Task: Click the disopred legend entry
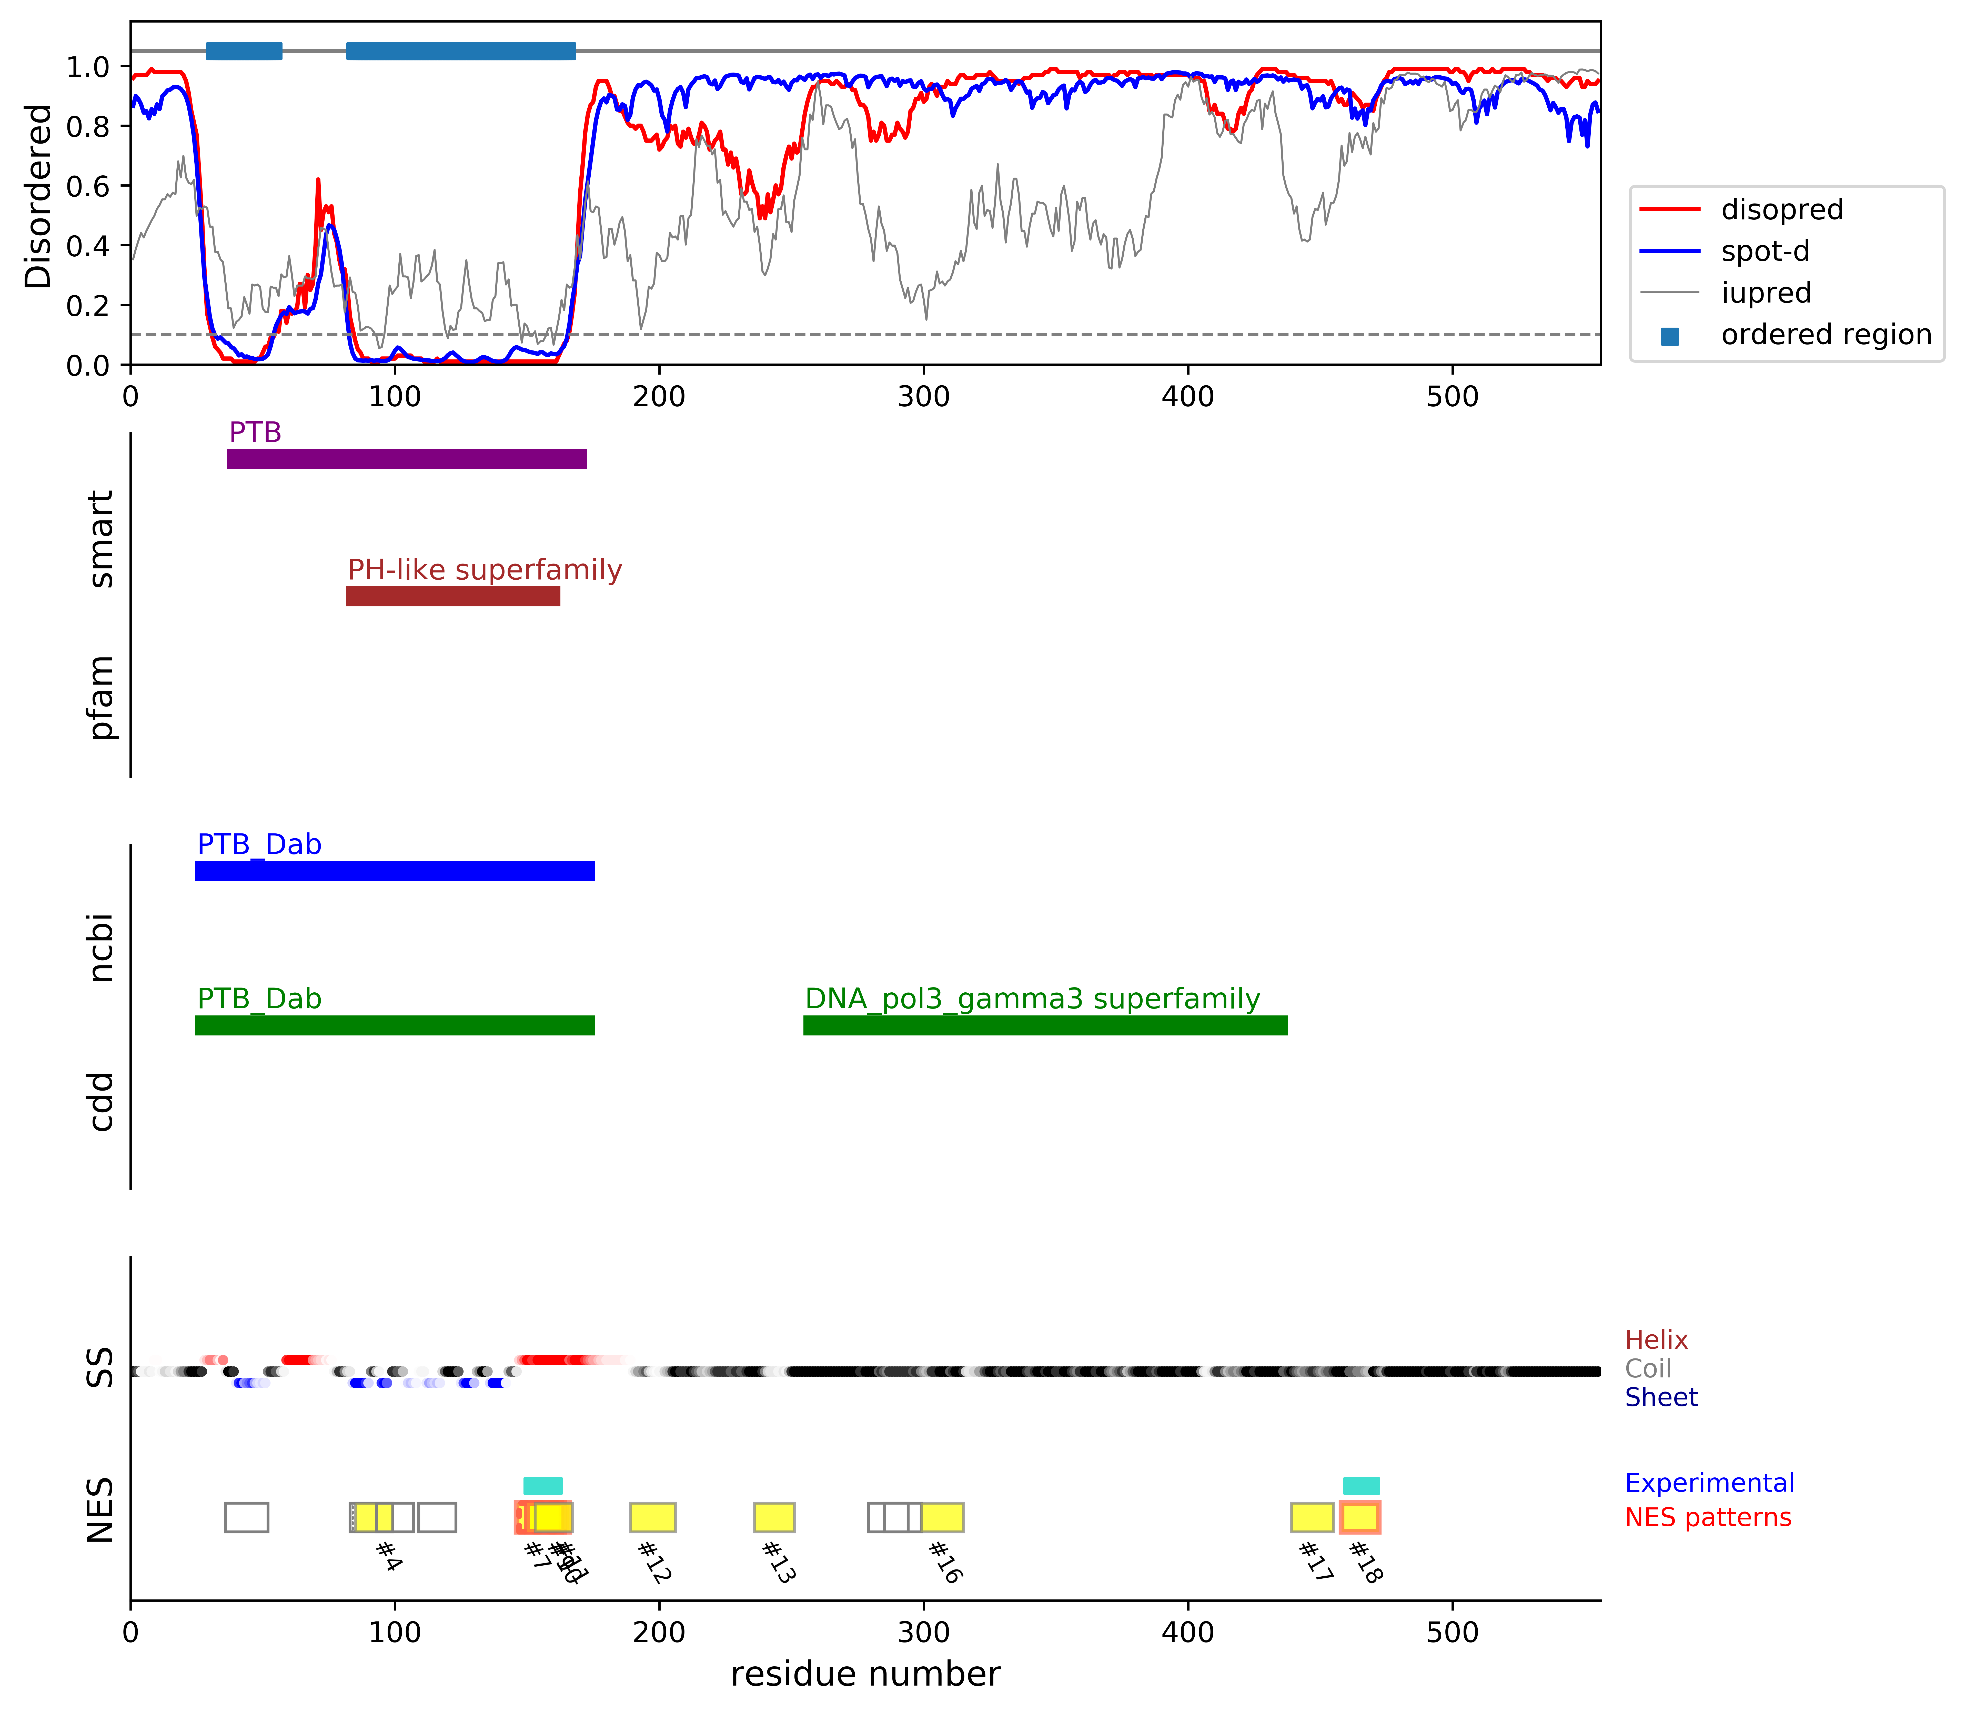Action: [1781, 209]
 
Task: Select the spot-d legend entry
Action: [1764, 251]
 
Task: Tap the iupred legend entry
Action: [1765, 293]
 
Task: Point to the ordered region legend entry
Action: [1826, 335]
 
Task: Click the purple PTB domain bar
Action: [406, 459]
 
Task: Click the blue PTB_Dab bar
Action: [395, 871]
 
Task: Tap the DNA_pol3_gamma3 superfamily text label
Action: [1032, 999]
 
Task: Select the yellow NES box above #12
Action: [653, 1517]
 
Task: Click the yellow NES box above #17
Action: [1312, 1517]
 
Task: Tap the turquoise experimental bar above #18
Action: [1361, 1486]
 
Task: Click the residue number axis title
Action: [865, 1674]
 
